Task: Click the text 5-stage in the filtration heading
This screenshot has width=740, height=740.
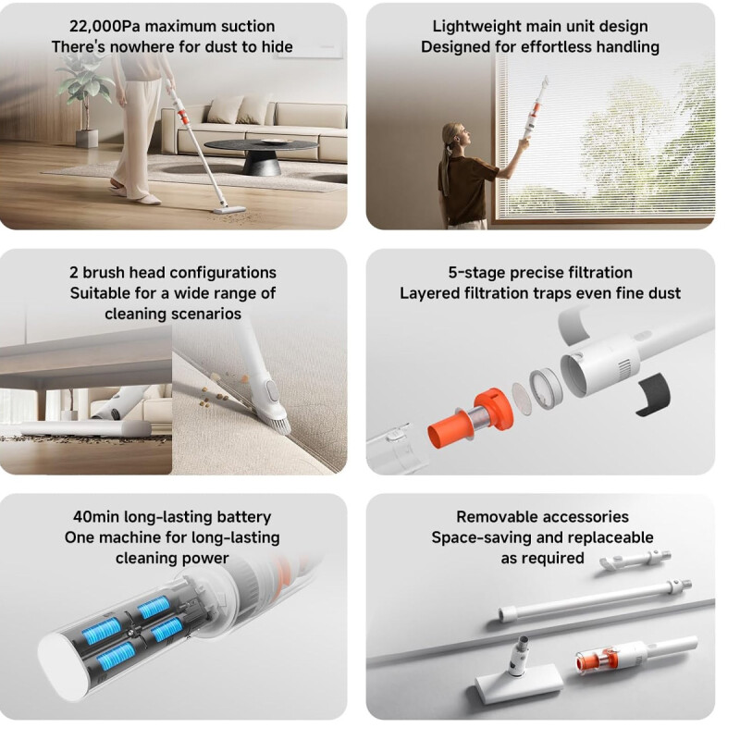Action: point(475,272)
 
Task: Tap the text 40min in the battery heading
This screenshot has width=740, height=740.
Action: point(95,516)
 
